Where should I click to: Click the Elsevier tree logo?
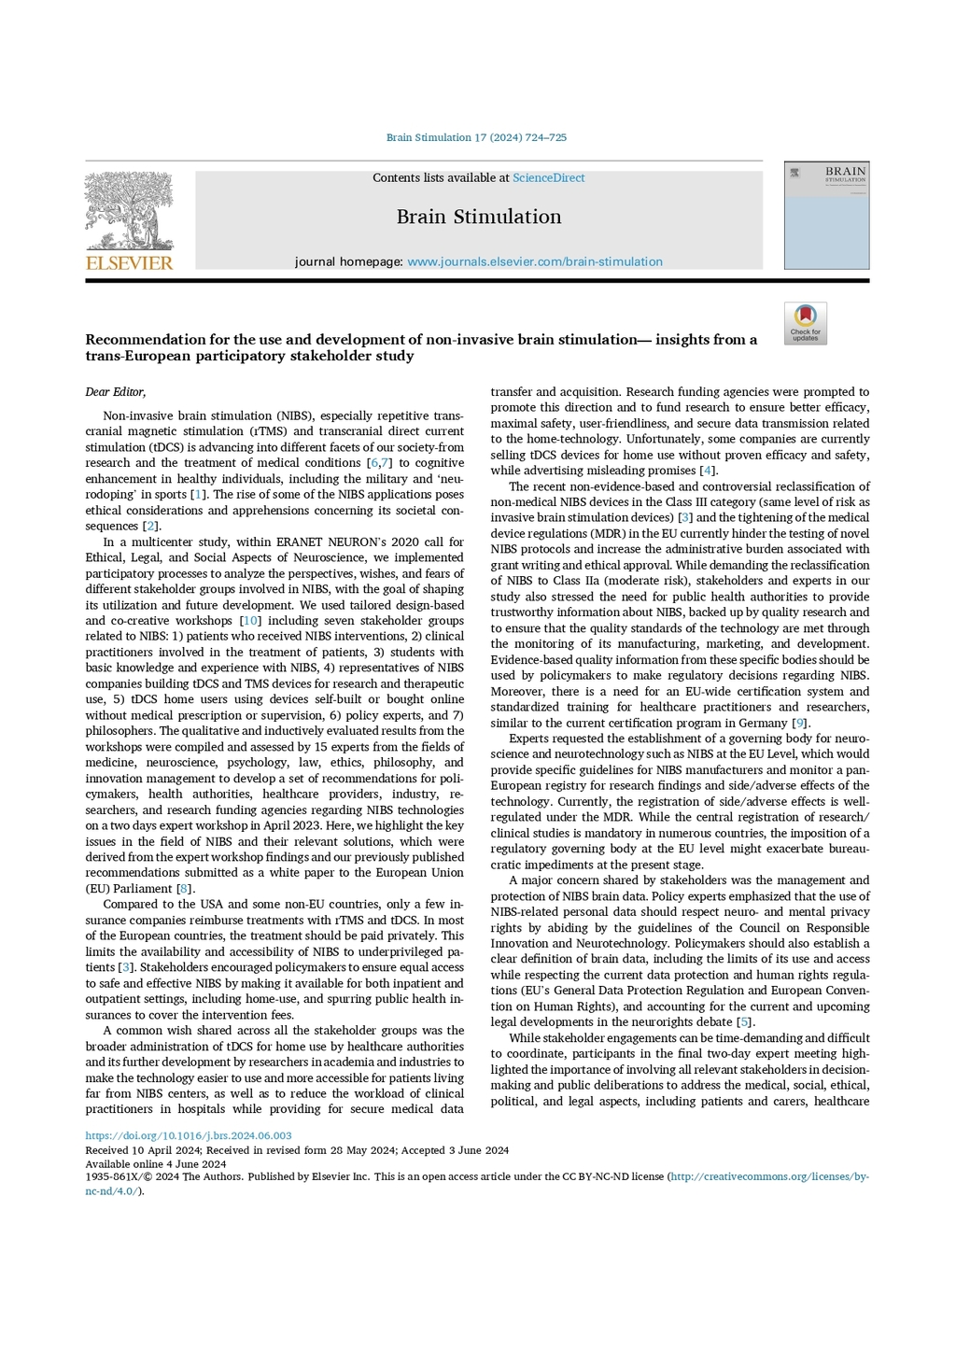(x=129, y=211)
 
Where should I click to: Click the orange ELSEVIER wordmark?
(x=129, y=263)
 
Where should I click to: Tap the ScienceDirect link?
(x=548, y=177)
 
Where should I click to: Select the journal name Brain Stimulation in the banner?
(x=478, y=217)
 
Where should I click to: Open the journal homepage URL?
(x=534, y=261)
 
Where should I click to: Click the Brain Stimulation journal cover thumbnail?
(x=826, y=216)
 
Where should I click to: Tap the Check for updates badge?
(x=805, y=323)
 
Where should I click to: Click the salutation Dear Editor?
(x=116, y=392)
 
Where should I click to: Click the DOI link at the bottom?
(x=188, y=1136)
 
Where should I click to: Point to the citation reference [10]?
(x=250, y=621)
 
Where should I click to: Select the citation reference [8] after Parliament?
(x=185, y=889)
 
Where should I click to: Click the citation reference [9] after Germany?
(x=799, y=724)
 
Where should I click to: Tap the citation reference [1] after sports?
(x=198, y=495)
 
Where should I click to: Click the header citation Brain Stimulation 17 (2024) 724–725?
(x=476, y=137)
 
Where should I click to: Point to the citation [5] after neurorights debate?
(x=744, y=1022)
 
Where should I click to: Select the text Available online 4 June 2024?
(x=155, y=1164)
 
